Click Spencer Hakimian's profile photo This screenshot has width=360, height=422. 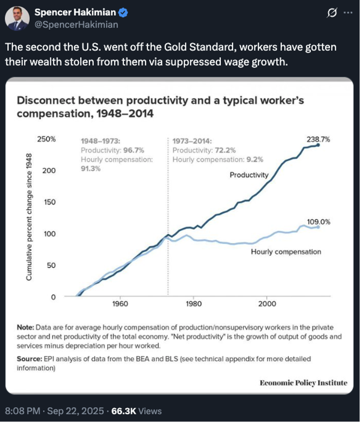coord(17,19)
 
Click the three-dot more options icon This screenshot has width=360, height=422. coord(348,13)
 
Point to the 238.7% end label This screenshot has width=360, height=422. coord(318,139)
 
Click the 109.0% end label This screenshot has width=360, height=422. coord(318,221)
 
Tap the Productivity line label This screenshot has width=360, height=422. coord(249,175)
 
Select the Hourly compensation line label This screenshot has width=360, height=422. coord(286,251)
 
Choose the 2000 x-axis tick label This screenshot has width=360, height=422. coord(267,305)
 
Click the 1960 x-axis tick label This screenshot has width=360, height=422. coord(120,305)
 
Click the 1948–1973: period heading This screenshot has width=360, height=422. coord(100,140)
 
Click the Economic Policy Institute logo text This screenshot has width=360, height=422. coord(303,383)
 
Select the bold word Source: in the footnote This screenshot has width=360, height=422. coord(29,359)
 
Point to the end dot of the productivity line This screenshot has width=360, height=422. coord(318,145)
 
